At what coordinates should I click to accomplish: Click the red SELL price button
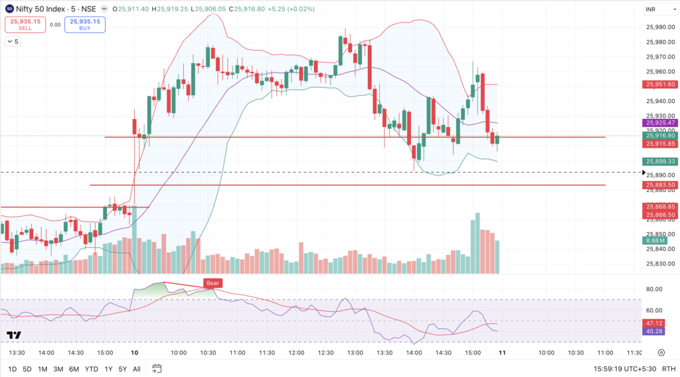tap(25, 25)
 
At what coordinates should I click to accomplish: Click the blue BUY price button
tap(85, 25)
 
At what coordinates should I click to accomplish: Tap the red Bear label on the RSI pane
tap(212, 283)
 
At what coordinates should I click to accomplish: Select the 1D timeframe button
tap(13, 368)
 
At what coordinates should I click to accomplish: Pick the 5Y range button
tap(122, 368)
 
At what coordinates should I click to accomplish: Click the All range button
tap(137, 368)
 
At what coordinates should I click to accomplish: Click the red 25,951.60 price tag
tap(659, 84)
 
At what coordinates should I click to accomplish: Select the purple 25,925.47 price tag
tap(659, 123)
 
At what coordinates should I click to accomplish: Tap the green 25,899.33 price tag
tap(659, 162)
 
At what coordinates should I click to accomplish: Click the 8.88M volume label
tap(656, 241)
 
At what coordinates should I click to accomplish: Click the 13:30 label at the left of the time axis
tap(17, 352)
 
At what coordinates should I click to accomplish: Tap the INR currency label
tap(651, 9)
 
